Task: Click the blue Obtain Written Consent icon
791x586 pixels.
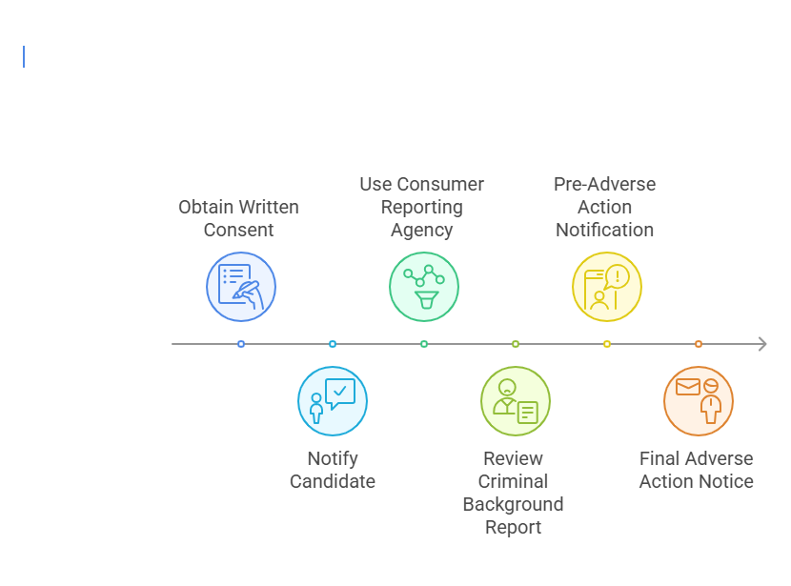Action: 241,287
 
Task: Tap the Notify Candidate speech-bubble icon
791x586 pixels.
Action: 333,401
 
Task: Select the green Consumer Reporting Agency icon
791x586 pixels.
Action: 424,287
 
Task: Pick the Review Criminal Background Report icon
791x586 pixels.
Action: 516,401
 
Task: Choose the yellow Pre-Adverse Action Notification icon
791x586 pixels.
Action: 607,287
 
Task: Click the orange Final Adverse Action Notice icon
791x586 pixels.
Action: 699,401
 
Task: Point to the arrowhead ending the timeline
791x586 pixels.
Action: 761,344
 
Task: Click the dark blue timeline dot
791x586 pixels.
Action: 241,344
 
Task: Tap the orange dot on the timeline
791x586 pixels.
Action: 699,344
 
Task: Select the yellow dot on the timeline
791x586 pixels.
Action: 607,344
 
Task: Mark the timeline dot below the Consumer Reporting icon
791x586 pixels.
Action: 424,344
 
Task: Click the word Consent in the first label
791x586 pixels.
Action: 238,231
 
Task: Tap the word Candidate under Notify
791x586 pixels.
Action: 333,482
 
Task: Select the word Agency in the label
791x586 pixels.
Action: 422,231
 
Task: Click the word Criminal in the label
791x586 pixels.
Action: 513,482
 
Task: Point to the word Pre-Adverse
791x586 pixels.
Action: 605,185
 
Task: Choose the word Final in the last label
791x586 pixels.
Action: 659,459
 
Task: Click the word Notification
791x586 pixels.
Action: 605,231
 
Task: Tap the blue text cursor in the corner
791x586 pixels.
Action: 24,57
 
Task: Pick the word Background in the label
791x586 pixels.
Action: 513,505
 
